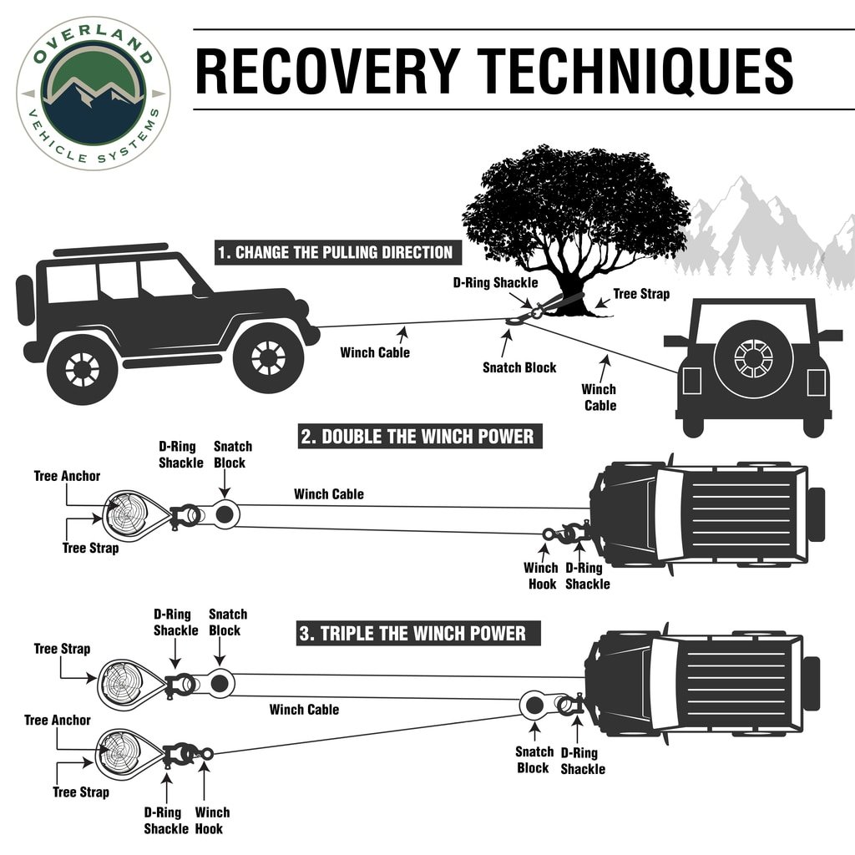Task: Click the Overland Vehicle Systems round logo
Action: point(93,93)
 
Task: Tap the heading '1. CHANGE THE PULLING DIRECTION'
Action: point(335,253)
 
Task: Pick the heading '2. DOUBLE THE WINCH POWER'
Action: point(417,437)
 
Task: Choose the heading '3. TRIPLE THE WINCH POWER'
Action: point(412,633)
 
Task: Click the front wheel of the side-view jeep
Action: point(268,357)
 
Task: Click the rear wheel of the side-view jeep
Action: point(83,368)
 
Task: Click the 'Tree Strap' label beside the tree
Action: point(641,295)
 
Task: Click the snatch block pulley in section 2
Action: point(223,515)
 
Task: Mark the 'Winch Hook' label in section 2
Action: point(540,576)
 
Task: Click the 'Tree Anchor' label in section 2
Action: point(67,477)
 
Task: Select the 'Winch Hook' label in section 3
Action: point(212,820)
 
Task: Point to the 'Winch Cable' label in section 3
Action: point(304,710)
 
